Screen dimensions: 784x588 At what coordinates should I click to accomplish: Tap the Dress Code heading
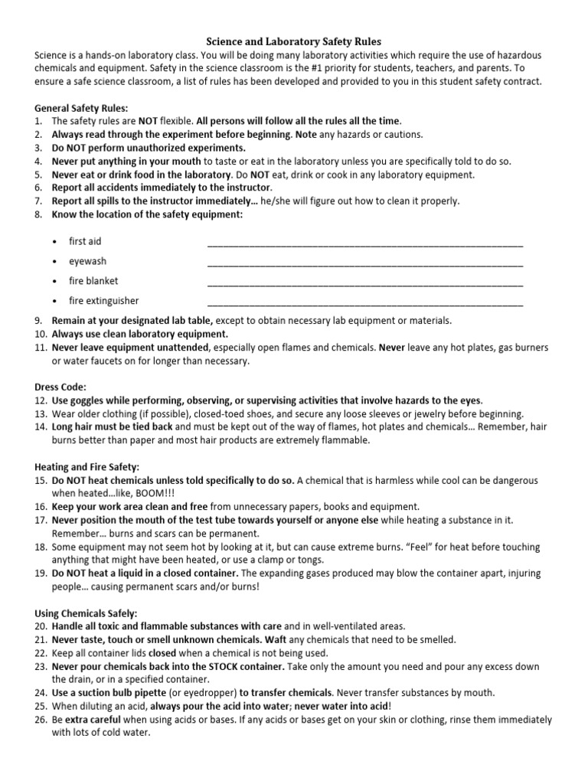tap(60, 387)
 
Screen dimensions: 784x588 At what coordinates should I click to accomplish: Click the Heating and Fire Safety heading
tap(87, 466)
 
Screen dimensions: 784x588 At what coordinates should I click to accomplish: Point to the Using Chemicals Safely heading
tap(86, 612)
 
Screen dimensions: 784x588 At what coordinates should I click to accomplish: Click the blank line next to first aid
tap(365, 245)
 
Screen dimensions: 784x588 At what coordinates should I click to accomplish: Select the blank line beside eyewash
tap(365, 264)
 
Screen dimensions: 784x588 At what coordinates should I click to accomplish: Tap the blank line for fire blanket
tap(365, 284)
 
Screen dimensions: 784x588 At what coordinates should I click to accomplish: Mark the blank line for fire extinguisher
tap(365, 304)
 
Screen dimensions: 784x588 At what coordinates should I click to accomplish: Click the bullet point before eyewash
tap(55, 261)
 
